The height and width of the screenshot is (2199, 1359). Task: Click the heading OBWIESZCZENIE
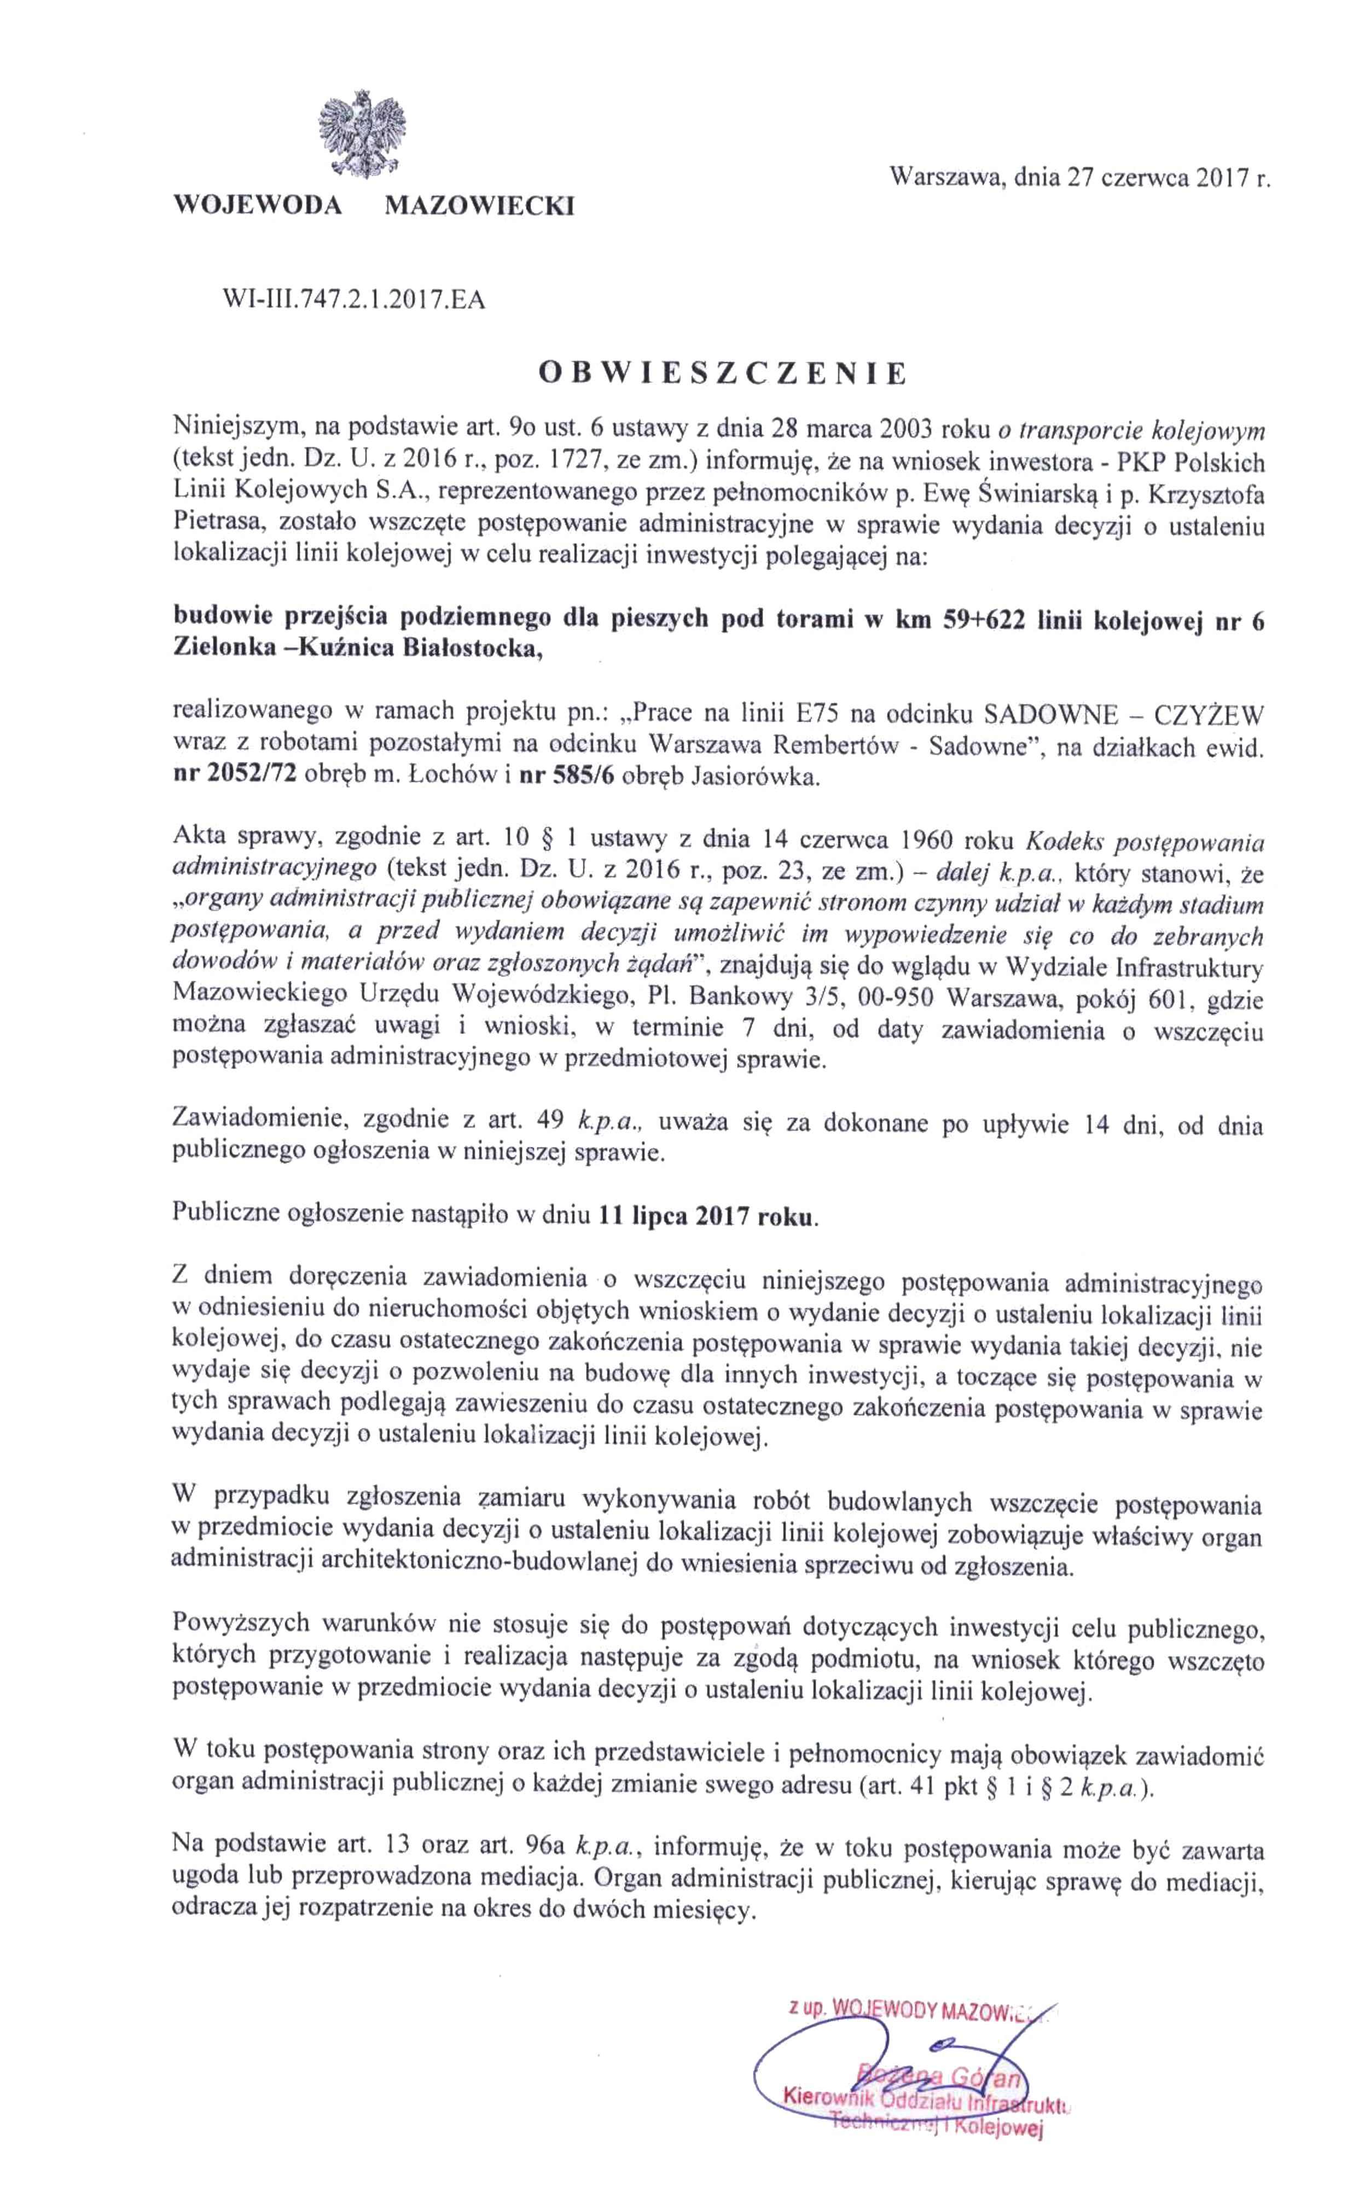[722, 373]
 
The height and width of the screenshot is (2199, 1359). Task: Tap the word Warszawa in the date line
[945, 177]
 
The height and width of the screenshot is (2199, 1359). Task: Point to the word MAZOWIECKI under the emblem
[479, 207]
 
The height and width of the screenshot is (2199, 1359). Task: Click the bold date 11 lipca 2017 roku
[707, 1218]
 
